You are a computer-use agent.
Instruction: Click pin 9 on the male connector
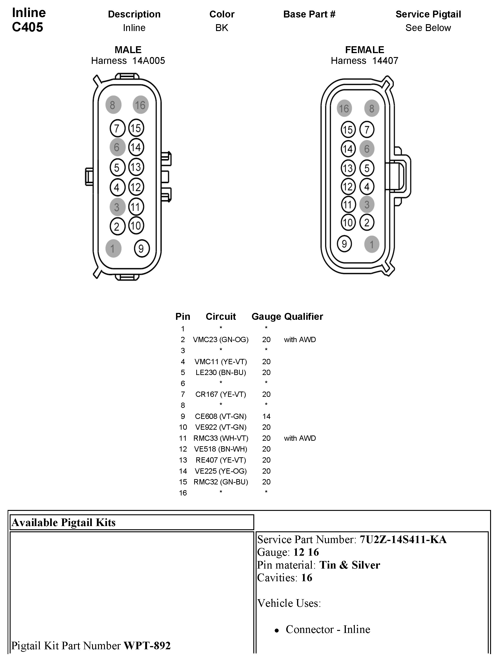[141, 248]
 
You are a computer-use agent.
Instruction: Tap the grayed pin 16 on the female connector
[344, 108]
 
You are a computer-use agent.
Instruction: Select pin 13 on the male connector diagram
[136, 167]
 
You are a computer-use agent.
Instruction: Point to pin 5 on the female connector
[367, 168]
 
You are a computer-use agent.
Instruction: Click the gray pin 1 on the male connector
[113, 249]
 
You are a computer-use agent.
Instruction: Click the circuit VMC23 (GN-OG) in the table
[221, 340]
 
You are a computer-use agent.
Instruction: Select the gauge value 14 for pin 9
[266, 416]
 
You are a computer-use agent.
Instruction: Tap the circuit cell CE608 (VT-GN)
[221, 416]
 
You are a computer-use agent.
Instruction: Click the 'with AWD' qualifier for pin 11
[300, 438]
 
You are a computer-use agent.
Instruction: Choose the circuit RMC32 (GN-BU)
[221, 482]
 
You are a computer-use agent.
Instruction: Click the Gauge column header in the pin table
[266, 316]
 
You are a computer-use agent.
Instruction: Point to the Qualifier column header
[303, 316]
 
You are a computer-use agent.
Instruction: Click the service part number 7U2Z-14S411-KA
[403, 539]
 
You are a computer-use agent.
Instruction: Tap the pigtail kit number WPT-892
[147, 645]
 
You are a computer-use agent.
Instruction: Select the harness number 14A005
[149, 61]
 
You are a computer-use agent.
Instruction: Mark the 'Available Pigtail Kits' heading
[64, 523]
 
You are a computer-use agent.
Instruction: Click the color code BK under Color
[222, 28]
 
